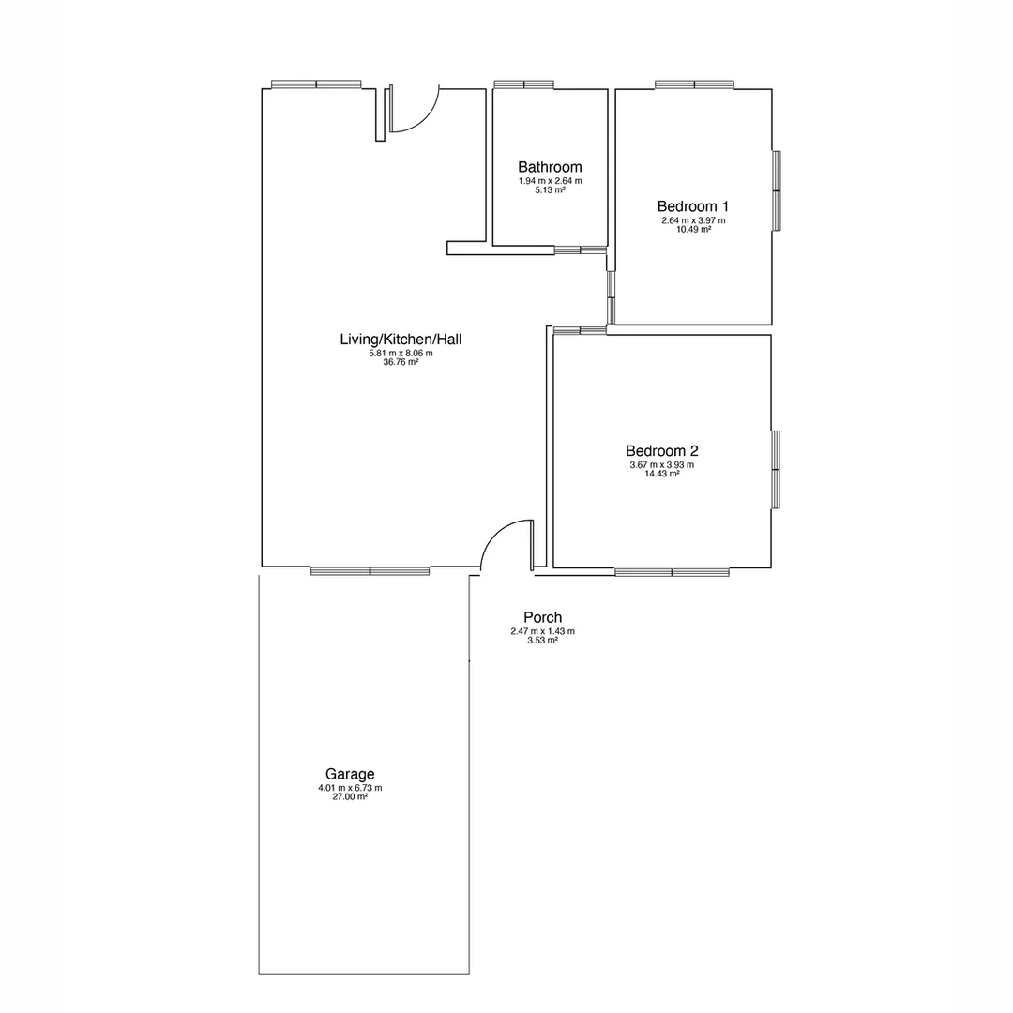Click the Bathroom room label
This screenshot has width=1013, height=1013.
pyautogui.click(x=550, y=167)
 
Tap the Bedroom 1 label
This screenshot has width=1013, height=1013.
pyautogui.click(x=693, y=206)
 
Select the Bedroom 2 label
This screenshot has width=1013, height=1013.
pyautogui.click(x=661, y=450)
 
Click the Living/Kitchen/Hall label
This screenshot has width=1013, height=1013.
pyautogui.click(x=401, y=339)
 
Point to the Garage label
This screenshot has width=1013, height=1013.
pyautogui.click(x=350, y=774)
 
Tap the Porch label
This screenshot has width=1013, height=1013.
pyautogui.click(x=542, y=617)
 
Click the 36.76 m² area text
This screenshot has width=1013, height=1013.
pyautogui.click(x=401, y=362)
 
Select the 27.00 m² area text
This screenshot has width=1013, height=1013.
pyautogui.click(x=350, y=796)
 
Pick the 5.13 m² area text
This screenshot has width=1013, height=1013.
pyautogui.click(x=550, y=189)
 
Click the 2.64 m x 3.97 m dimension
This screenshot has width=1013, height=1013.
pyautogui.click(x=693, y=220)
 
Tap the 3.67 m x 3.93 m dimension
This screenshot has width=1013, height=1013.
pyautogui.click(x=661, y=464)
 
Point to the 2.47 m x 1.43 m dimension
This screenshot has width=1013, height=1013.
pyautogui.click(x=542, y=631)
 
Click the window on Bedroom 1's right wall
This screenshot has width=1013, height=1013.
pyautogui.click(x=777, y=190)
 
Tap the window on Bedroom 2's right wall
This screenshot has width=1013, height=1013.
pyautogui.click(x=777, y=469)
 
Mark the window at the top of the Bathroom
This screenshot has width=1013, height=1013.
pyautogui.click(x=523, y=84)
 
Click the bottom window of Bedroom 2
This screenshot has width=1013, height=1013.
pyautogui.click(x=672, y=572)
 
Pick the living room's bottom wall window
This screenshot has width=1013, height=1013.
pyautogui.click(x=370, y=571)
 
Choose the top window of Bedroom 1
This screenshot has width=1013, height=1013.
pyautogui.click(x=694, y=84)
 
